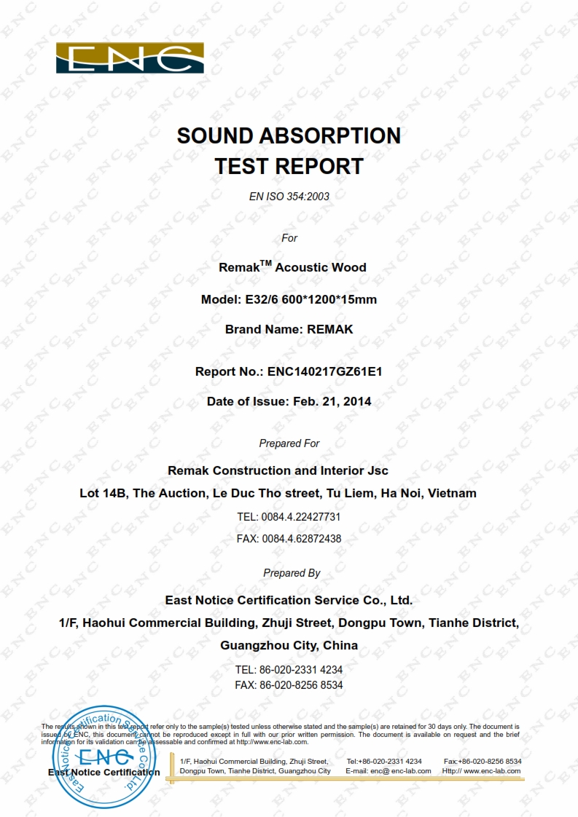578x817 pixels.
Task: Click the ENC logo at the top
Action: (130, 58)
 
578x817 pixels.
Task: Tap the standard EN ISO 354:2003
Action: (289, 197)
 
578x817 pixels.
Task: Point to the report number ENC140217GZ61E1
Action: (325, 371)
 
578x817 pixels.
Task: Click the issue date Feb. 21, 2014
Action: (332, 401)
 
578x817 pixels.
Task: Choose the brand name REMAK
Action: (330, 329)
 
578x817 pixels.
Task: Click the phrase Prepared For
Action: (289, 443)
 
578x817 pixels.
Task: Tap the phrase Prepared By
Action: (292, 573)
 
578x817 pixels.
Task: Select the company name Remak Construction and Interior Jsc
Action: (278, 471)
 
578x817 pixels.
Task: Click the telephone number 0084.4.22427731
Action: (300, 517)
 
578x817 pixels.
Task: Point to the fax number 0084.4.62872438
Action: (301, 540)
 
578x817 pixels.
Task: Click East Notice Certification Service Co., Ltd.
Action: (289, 601)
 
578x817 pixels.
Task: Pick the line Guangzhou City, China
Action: (289, 646)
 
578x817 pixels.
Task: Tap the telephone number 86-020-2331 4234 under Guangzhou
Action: (301, 669)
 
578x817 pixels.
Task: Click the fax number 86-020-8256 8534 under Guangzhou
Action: (301, 685)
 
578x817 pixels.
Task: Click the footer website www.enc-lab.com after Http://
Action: (492, 771)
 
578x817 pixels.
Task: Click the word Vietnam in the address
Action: (452, 494)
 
